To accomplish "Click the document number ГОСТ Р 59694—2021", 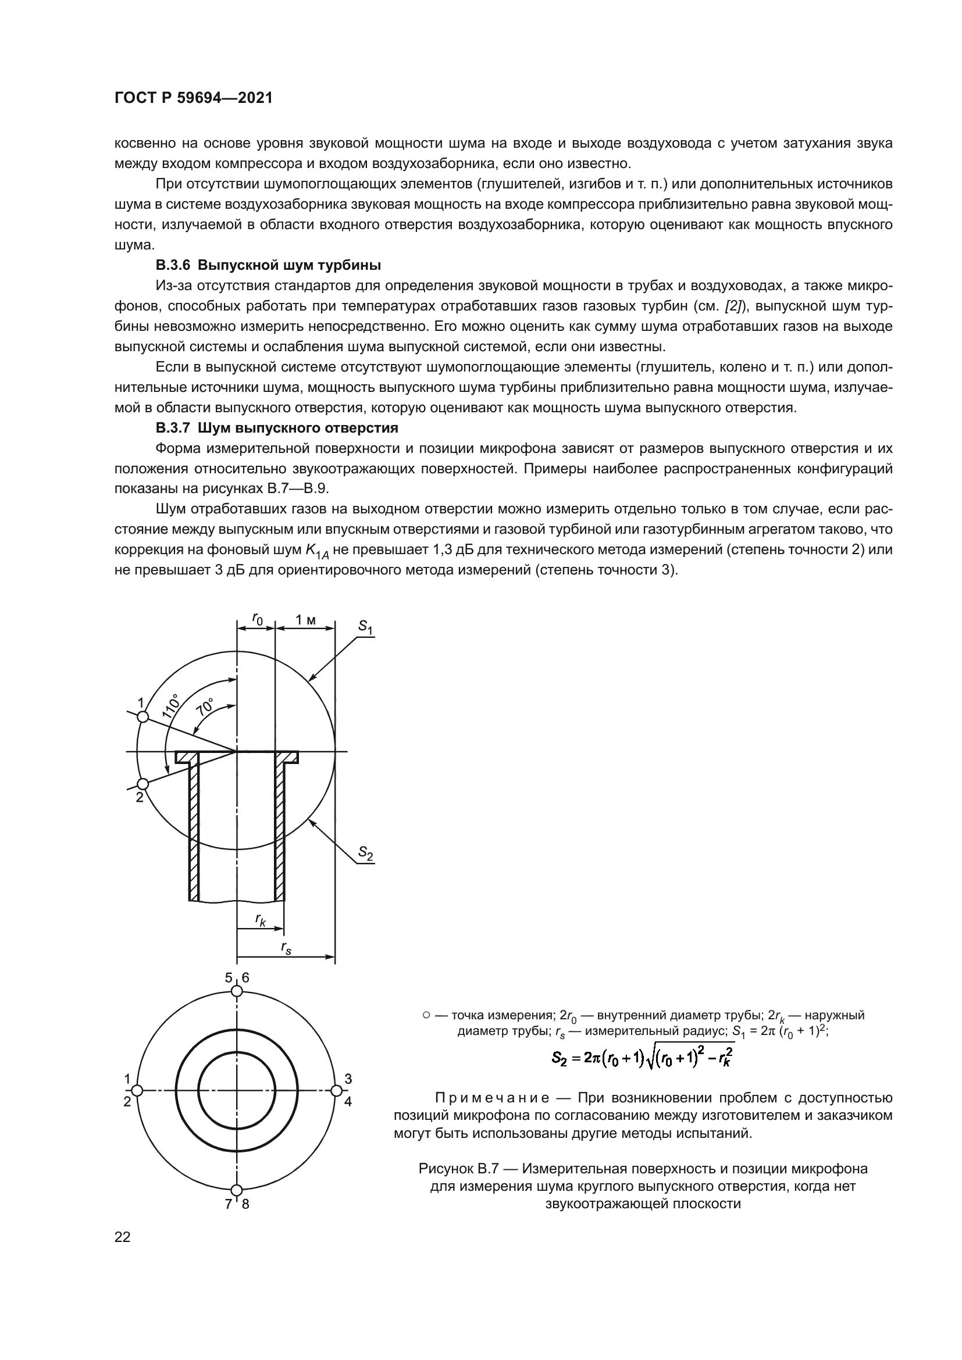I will [193, 98].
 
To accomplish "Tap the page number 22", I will [122, 1237].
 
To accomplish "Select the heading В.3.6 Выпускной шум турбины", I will [268, 265].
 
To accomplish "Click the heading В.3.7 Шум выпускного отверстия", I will [277, 428].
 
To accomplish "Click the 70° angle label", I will [205, 708].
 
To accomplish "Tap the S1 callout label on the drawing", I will [365, 627].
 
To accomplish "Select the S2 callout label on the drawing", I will [365, 853].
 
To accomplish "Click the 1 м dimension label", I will [306, 620].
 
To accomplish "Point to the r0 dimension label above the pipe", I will [257, 619].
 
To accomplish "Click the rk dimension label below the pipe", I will [261, 919].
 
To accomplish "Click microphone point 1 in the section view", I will [142, 717].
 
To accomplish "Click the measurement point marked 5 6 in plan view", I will [236, 991].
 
